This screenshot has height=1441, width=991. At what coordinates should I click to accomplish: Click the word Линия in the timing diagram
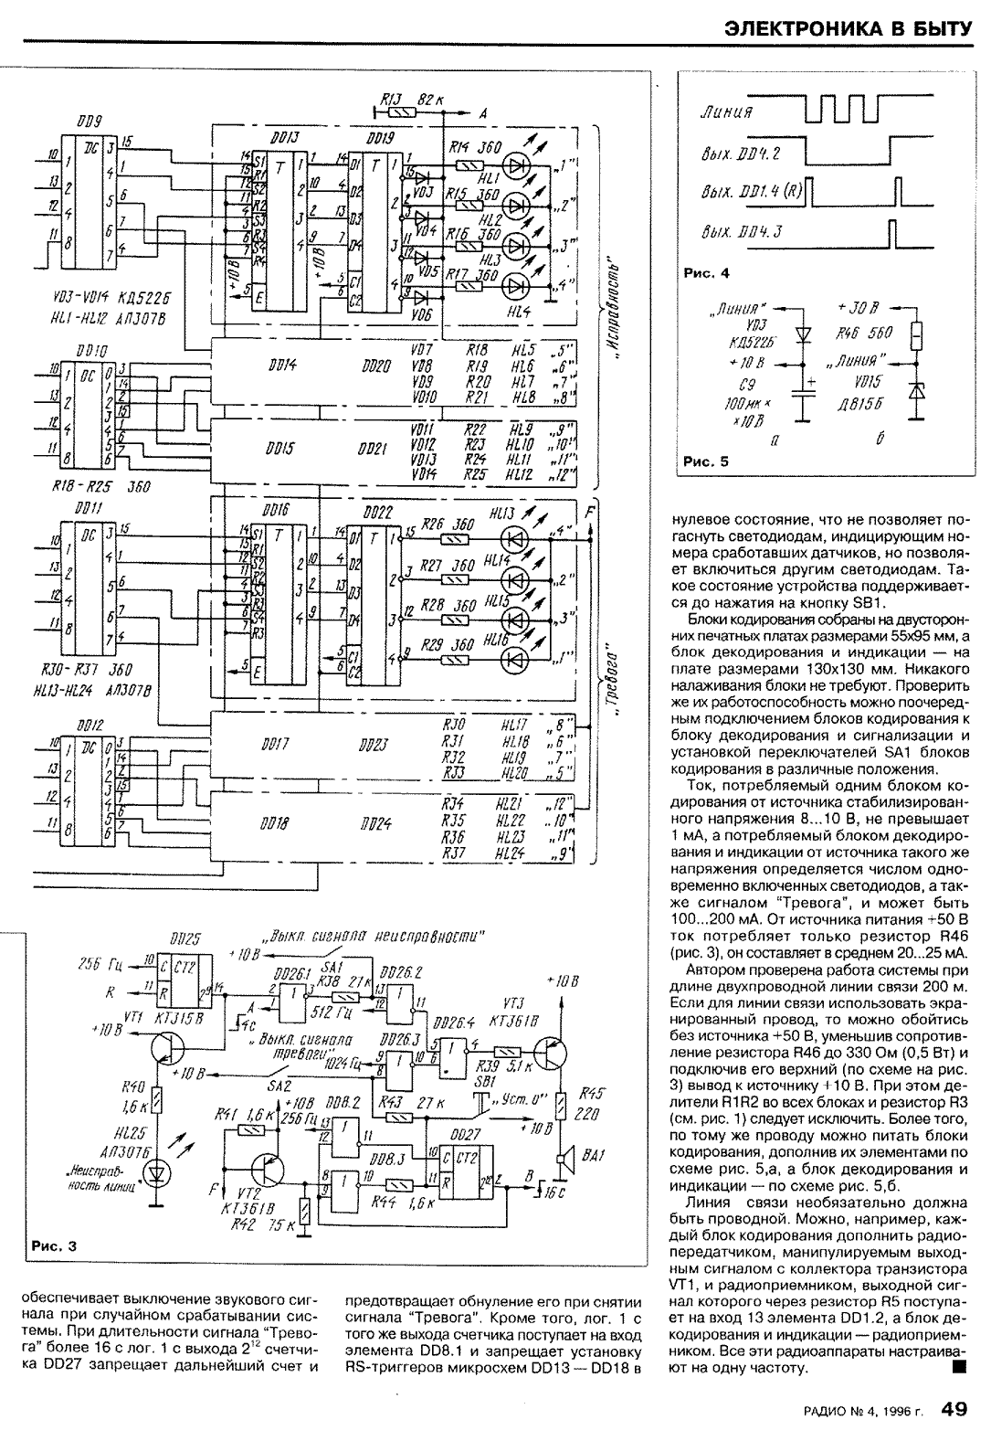726,112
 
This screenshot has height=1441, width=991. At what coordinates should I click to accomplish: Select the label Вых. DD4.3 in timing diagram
742,231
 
